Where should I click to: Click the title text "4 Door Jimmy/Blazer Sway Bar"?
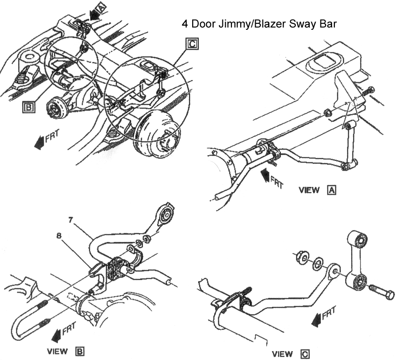(258, 24)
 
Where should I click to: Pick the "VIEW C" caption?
(290, 353)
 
